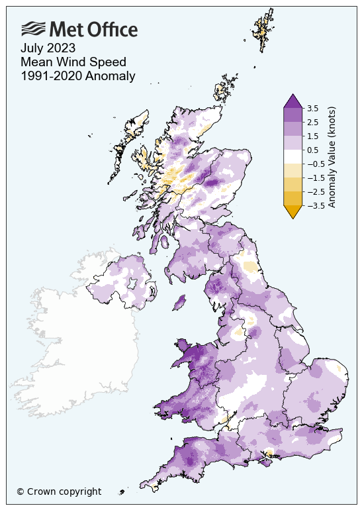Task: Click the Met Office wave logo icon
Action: (x=33, y=28)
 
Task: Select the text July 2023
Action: (x=48, y=48)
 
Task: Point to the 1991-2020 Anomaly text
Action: (x=77, y=76)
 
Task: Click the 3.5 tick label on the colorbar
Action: (x=313, y=108)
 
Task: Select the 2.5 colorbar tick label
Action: (x=313, y=122)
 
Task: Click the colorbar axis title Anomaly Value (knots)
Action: (x=332, y=156)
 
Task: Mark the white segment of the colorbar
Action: (x=293, y=156)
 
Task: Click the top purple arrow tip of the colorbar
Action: (x=293, y=100)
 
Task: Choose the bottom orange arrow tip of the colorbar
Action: (x=293, y=212)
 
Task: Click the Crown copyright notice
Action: (x=59, y=491)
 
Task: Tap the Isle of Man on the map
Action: (x=178, y=303)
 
